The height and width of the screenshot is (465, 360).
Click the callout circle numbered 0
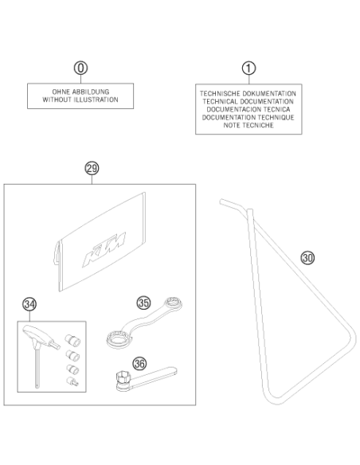80,68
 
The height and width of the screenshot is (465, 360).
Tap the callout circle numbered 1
248,68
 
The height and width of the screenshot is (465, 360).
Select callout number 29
92,169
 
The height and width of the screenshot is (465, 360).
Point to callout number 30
307,258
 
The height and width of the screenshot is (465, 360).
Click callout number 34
29,304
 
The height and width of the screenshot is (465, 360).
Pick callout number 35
143,303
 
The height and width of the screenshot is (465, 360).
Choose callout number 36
139,363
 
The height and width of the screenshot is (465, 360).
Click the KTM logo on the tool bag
104,248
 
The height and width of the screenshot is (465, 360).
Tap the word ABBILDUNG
91,92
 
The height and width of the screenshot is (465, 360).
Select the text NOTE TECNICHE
248,125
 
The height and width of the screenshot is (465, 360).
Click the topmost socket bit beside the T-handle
72,340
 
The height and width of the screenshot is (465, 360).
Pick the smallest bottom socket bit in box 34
72,381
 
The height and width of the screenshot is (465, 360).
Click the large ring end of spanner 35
118,338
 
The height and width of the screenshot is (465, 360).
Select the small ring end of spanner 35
173,304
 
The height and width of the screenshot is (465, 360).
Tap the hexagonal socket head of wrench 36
123,379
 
